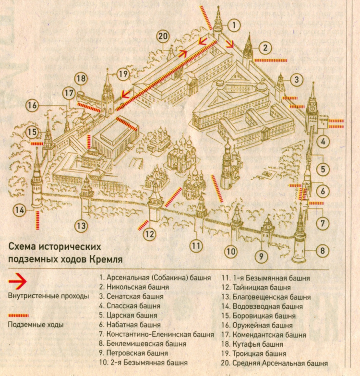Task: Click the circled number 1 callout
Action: click(234, 25)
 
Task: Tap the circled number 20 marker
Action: click(163, 36)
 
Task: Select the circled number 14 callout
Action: click(19, 210)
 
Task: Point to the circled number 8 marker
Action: click(323, 251)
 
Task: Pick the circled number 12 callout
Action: click(150, 234)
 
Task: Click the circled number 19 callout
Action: click(123, 73)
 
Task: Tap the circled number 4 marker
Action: click(323, 142)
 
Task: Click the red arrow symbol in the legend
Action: click(17, 281)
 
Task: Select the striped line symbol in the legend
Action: click(18, 315)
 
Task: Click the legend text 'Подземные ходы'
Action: click(36, 325)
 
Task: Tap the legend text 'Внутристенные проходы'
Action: click(48, 296)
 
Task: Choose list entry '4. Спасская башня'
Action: click(130, 306)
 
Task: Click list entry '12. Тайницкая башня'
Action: click(256, 287)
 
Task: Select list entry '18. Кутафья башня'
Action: click(252, 344)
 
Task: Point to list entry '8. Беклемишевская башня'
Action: click(143, 344)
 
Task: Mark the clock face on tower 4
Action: click(312, 108)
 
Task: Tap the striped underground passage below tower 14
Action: click(37, 220)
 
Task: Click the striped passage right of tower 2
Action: click(271, 61)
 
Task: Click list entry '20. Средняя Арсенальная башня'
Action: click(274, 363)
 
